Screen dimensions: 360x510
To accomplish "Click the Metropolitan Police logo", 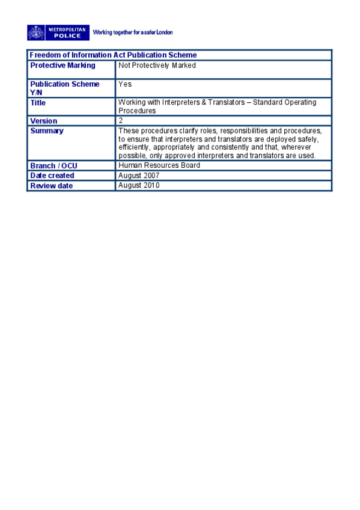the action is tap(58, 32).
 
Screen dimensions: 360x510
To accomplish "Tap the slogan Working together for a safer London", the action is tap(133, 32).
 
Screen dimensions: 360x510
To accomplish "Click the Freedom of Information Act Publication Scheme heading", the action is tap(113, 55).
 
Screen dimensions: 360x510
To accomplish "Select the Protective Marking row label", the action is tap(63, 66).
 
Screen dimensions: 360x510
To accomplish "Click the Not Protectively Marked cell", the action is tap(157, 66).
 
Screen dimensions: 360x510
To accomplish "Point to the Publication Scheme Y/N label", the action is tap(64, 88).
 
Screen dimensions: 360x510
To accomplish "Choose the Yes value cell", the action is tap(125, 84).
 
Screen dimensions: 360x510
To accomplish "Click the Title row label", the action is tap(38, 103).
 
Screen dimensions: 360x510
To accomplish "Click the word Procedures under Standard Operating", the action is tap(137, 111).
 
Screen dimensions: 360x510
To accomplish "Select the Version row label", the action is tap(44, 121).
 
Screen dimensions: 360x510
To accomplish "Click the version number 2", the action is tap(121, 120).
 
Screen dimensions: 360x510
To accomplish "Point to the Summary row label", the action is tap(47, 131).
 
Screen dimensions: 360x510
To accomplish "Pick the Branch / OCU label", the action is tap(53, 165).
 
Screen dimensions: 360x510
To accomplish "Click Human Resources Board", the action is tap(159, 165).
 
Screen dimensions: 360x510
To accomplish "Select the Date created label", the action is tap(52, 176).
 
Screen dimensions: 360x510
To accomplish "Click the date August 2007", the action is tap(139, 175).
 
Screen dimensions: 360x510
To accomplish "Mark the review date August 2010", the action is tap(139, 185).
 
